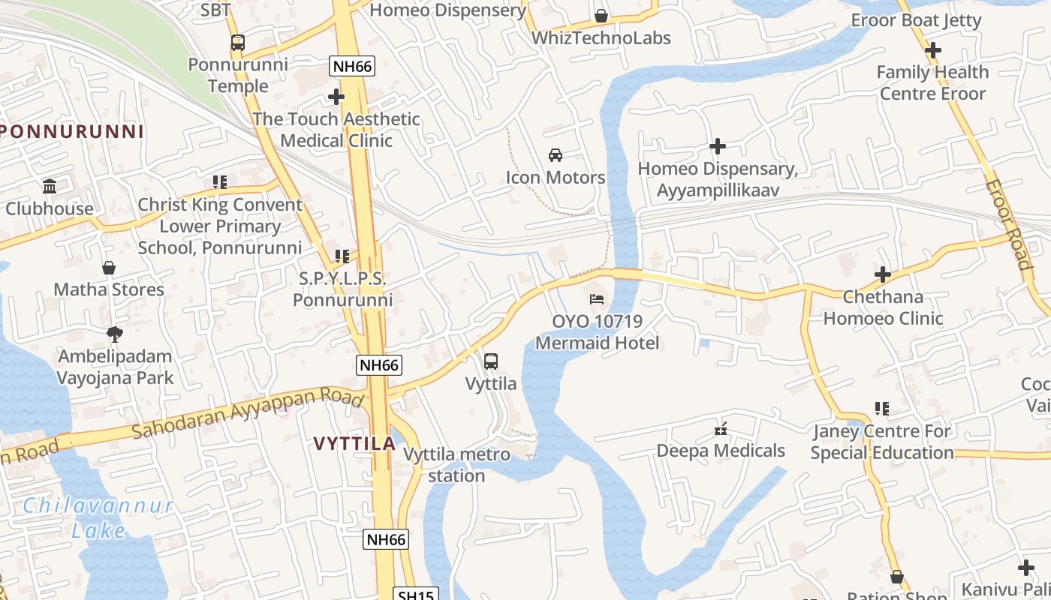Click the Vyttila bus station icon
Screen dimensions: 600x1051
pyautogui.click(x=491, y=361)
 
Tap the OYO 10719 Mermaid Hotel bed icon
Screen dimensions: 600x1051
pyautogui.click(x=597, y=298)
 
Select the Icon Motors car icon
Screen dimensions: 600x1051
pyautogui.click(x=556, y=155)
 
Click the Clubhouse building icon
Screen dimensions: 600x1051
pyautogui.click(x=50, y=186)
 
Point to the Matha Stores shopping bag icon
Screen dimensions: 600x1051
pyautogui.click(x=109, y=268)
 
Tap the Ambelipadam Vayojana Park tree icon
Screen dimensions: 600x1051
pyautogui.click(x=115, y=334)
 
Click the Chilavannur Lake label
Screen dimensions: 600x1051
pyautogui.click(x=98, y=517)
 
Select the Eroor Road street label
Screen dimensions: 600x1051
pyautogui.click(x=1008, y=223)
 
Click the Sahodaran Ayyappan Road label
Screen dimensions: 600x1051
pyautogui.click(x=248, y=413)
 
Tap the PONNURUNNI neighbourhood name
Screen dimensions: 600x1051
pyautogui.click(x=72, y=132)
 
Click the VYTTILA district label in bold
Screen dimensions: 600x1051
pyautogui.click(x=354, y=443)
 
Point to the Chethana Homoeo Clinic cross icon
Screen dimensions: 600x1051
pyautogui.click(x=883, y=274)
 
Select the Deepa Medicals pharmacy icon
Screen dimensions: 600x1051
pyautogui.click(x=721, y=429)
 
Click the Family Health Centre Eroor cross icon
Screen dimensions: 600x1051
pyautogui.click(x=933, y=50)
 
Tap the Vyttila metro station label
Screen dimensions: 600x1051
pyautogui.click(x=456, y=465)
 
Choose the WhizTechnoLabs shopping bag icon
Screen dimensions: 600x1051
pyautogui.click(x=601, y=16)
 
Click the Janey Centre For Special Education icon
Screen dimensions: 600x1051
pyautogui.click(x=882, y=409)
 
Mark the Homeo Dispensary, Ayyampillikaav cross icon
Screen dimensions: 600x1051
pyautogui.click(x=718, y=146)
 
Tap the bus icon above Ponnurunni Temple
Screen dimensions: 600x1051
pyautogui.click(x=238, y=43)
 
